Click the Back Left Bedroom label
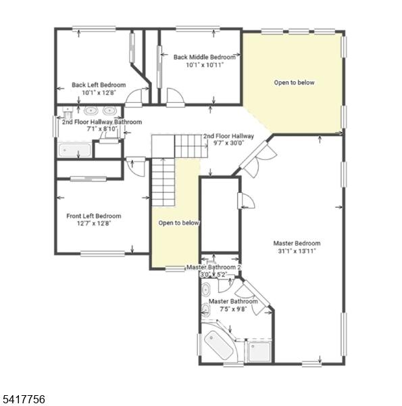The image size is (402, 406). [x=99, y=85]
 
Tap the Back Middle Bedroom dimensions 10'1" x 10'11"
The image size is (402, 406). [x=205, y=65]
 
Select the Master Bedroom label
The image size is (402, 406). [x=297, y=243]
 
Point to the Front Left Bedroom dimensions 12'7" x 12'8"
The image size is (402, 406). [x=94, y=223]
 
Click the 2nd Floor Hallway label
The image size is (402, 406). [x=228, y=136]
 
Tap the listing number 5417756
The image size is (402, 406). [x=22, y=399]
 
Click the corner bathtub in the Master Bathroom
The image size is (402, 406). [x=218, y=344]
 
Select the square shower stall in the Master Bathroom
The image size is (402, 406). [x=259, y=352]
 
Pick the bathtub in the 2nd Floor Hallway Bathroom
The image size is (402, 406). [x=75, y=150]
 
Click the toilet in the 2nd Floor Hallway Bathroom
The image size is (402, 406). [x=68, y=112]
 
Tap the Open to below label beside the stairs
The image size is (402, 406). [x=178, y=223]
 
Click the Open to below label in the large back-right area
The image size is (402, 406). [x=294, y=83]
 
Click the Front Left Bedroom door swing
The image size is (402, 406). [x=137, y=168]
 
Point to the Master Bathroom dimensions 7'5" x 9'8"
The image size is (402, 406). [x=233, y=309]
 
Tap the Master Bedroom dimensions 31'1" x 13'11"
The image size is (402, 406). [x=297, y=250]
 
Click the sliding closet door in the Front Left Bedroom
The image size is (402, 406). [x=89, y=179]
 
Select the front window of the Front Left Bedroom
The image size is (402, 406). [x=103, y=254]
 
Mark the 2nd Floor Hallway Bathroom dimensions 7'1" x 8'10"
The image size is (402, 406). [x=102, y=129]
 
